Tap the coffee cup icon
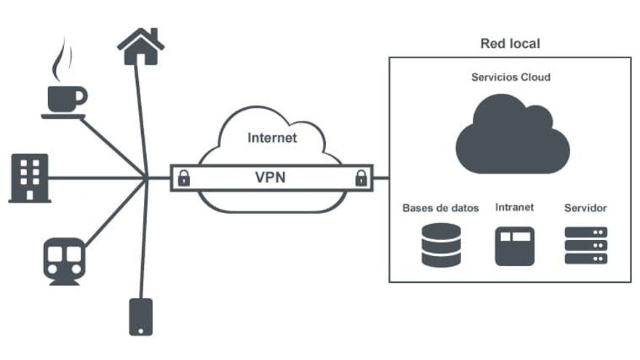[64, 98]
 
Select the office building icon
[30, 177]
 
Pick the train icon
[64, 257]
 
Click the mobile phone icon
[140, 316]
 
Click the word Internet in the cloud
[272, 137]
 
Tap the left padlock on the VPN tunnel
[184, 177]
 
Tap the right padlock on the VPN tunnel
[359, 177]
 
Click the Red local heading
[510, 44]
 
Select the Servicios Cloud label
[511, 77]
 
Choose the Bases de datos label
[441, 208]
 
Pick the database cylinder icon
[441, 245]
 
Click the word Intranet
[514, 207]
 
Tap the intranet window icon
[514, 245]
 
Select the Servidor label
[585, 208]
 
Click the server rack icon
[585, 245]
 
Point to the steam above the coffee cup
[62, 62]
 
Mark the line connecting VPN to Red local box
[381, 177]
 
